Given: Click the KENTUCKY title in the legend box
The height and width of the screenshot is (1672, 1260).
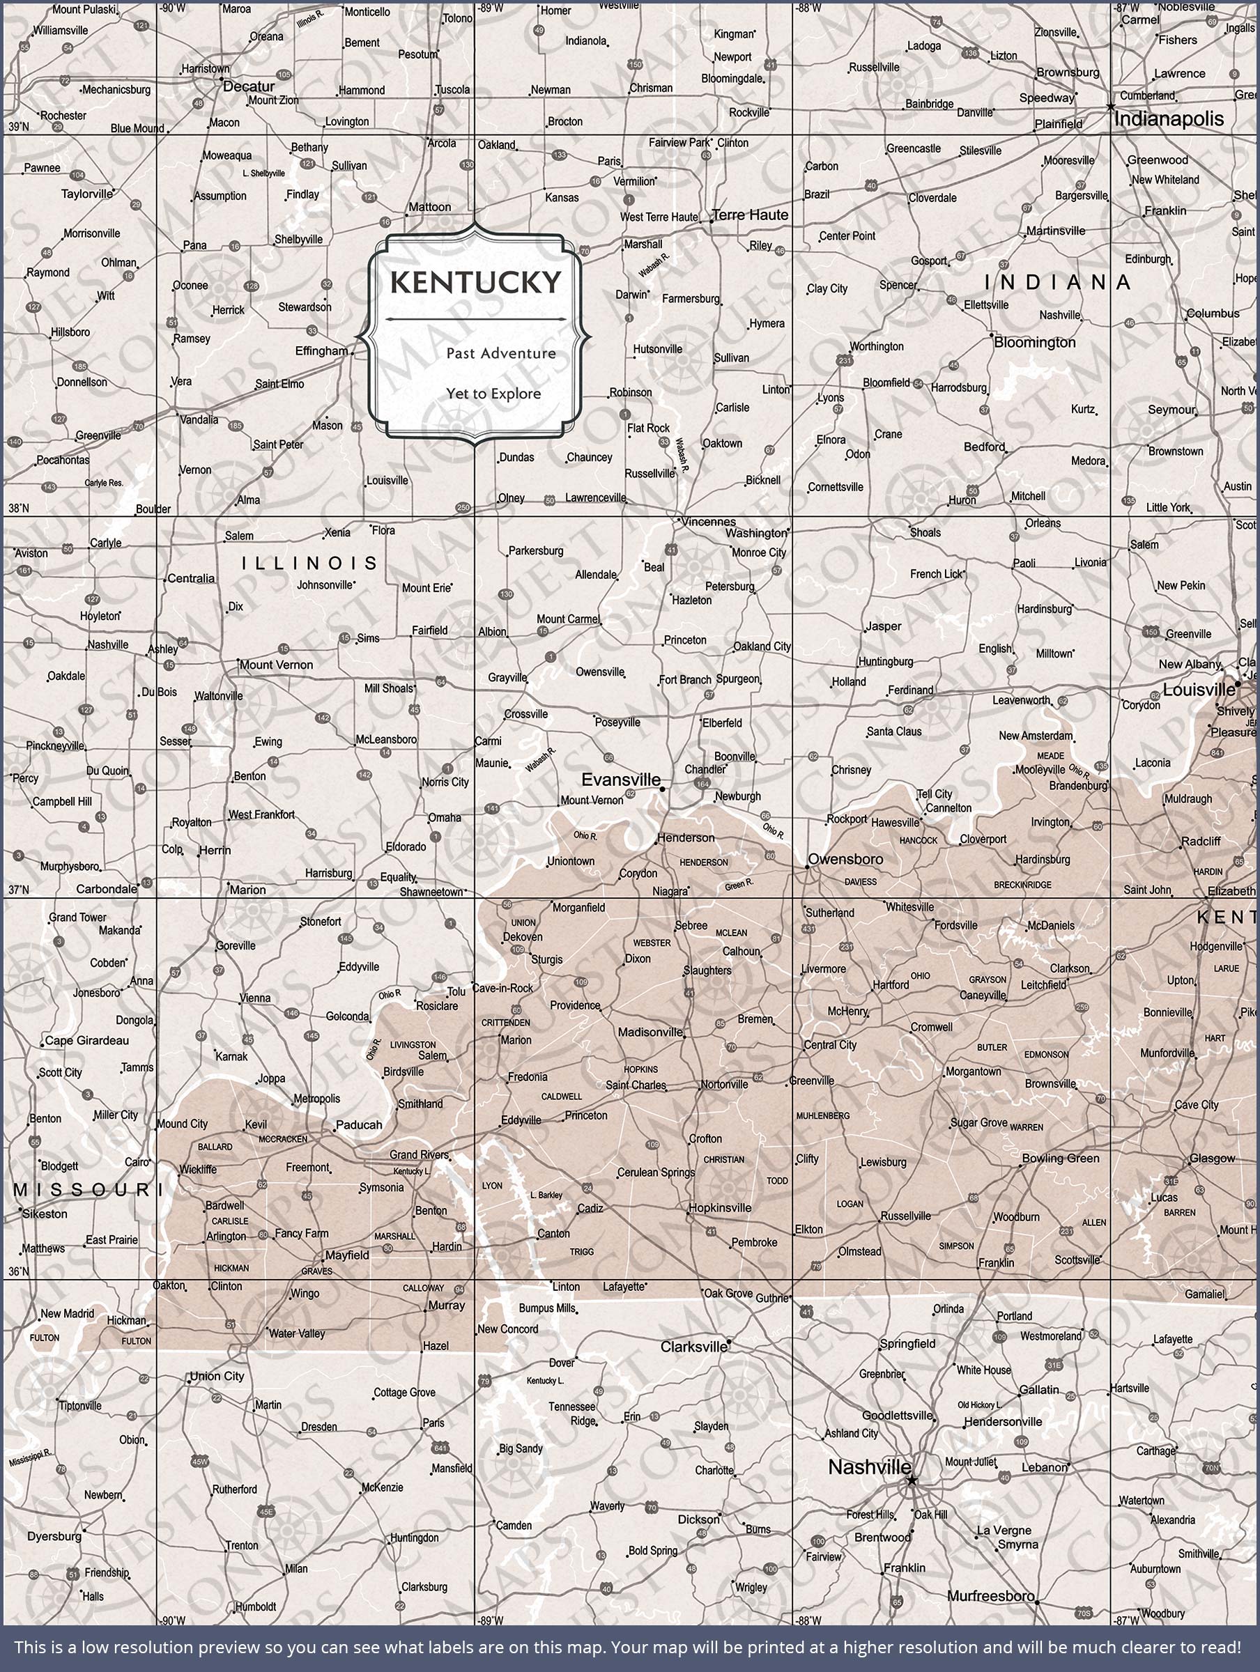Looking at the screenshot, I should tap(476, 283).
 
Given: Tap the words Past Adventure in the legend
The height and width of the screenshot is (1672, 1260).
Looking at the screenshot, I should tap(500, 353).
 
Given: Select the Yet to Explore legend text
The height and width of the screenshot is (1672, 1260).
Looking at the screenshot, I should tap(493, 394).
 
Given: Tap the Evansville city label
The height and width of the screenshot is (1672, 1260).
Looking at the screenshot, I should tap(620, 780).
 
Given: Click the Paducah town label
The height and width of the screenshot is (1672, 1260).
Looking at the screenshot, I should tap(358, 1124).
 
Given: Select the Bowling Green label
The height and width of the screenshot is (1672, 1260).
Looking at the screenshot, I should tap(1059, 1158).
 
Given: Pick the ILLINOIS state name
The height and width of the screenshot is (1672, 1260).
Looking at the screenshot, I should tap(309, 563).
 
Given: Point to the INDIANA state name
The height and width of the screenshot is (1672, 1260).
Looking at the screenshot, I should tap(1057, 283).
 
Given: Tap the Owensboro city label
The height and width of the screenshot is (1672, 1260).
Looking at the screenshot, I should tap(845, 859).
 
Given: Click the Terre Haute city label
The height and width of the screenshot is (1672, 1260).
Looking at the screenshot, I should tap(751, 215).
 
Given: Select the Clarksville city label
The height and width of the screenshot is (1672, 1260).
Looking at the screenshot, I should tap(693, 1346).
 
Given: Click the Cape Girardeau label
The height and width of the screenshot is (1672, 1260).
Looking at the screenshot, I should tap(86, 1040).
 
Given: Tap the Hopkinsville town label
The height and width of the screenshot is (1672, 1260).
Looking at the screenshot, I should tap(719, 1208).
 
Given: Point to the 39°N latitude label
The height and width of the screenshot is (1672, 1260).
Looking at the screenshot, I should tap(18, 126).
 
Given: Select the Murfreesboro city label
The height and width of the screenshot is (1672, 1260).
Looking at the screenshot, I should tap(990, 1595).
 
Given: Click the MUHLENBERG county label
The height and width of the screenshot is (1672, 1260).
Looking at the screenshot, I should tap(822, 1115).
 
